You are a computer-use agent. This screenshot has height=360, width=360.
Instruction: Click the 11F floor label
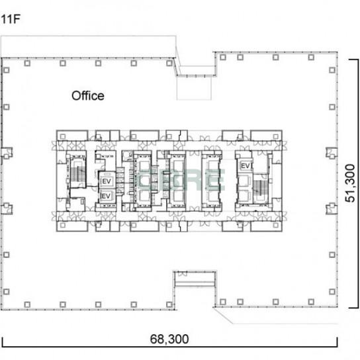pos(11,19)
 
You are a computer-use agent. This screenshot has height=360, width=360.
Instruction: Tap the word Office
pos(88,96)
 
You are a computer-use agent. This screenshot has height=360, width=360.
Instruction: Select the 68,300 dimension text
pos(169,339)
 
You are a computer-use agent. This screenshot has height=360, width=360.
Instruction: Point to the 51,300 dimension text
pos(350,183)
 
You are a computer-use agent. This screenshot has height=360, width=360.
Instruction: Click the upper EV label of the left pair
pos(107,181)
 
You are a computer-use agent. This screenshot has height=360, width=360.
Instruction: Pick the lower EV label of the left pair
pos(106,196)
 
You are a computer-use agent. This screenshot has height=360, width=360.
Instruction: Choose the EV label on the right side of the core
pos(246,165)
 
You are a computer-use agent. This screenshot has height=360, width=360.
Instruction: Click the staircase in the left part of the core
pos(77,174)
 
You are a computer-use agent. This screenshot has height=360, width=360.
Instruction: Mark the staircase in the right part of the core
pos(260,187)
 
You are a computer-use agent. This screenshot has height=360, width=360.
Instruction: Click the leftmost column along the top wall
pos(27,63)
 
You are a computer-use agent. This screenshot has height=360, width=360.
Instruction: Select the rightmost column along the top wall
pos(311,57)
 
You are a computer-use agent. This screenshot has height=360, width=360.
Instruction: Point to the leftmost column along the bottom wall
pos(27,304)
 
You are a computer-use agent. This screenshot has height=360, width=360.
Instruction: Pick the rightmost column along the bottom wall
pos(311,302)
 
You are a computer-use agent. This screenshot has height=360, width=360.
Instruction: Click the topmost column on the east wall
pos(332,70)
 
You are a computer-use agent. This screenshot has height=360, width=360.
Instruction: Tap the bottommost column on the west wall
pos(7,292)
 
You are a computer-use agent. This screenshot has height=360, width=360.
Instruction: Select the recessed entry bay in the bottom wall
pos(195,279)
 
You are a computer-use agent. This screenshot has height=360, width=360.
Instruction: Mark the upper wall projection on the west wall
pos(7,153)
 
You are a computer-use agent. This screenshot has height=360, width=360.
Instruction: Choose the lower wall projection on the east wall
pos(332,208)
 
